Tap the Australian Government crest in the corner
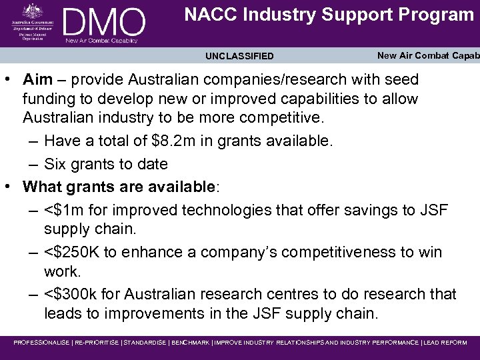click(31, 11)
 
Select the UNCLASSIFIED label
click(239, 57)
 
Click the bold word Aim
click(37, 80)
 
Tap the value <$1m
click(66, 210)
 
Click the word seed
click(399, 80)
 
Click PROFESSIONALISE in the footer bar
click(41, 343)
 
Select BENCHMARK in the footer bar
click(190, 343)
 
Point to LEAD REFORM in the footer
click(446, 343)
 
